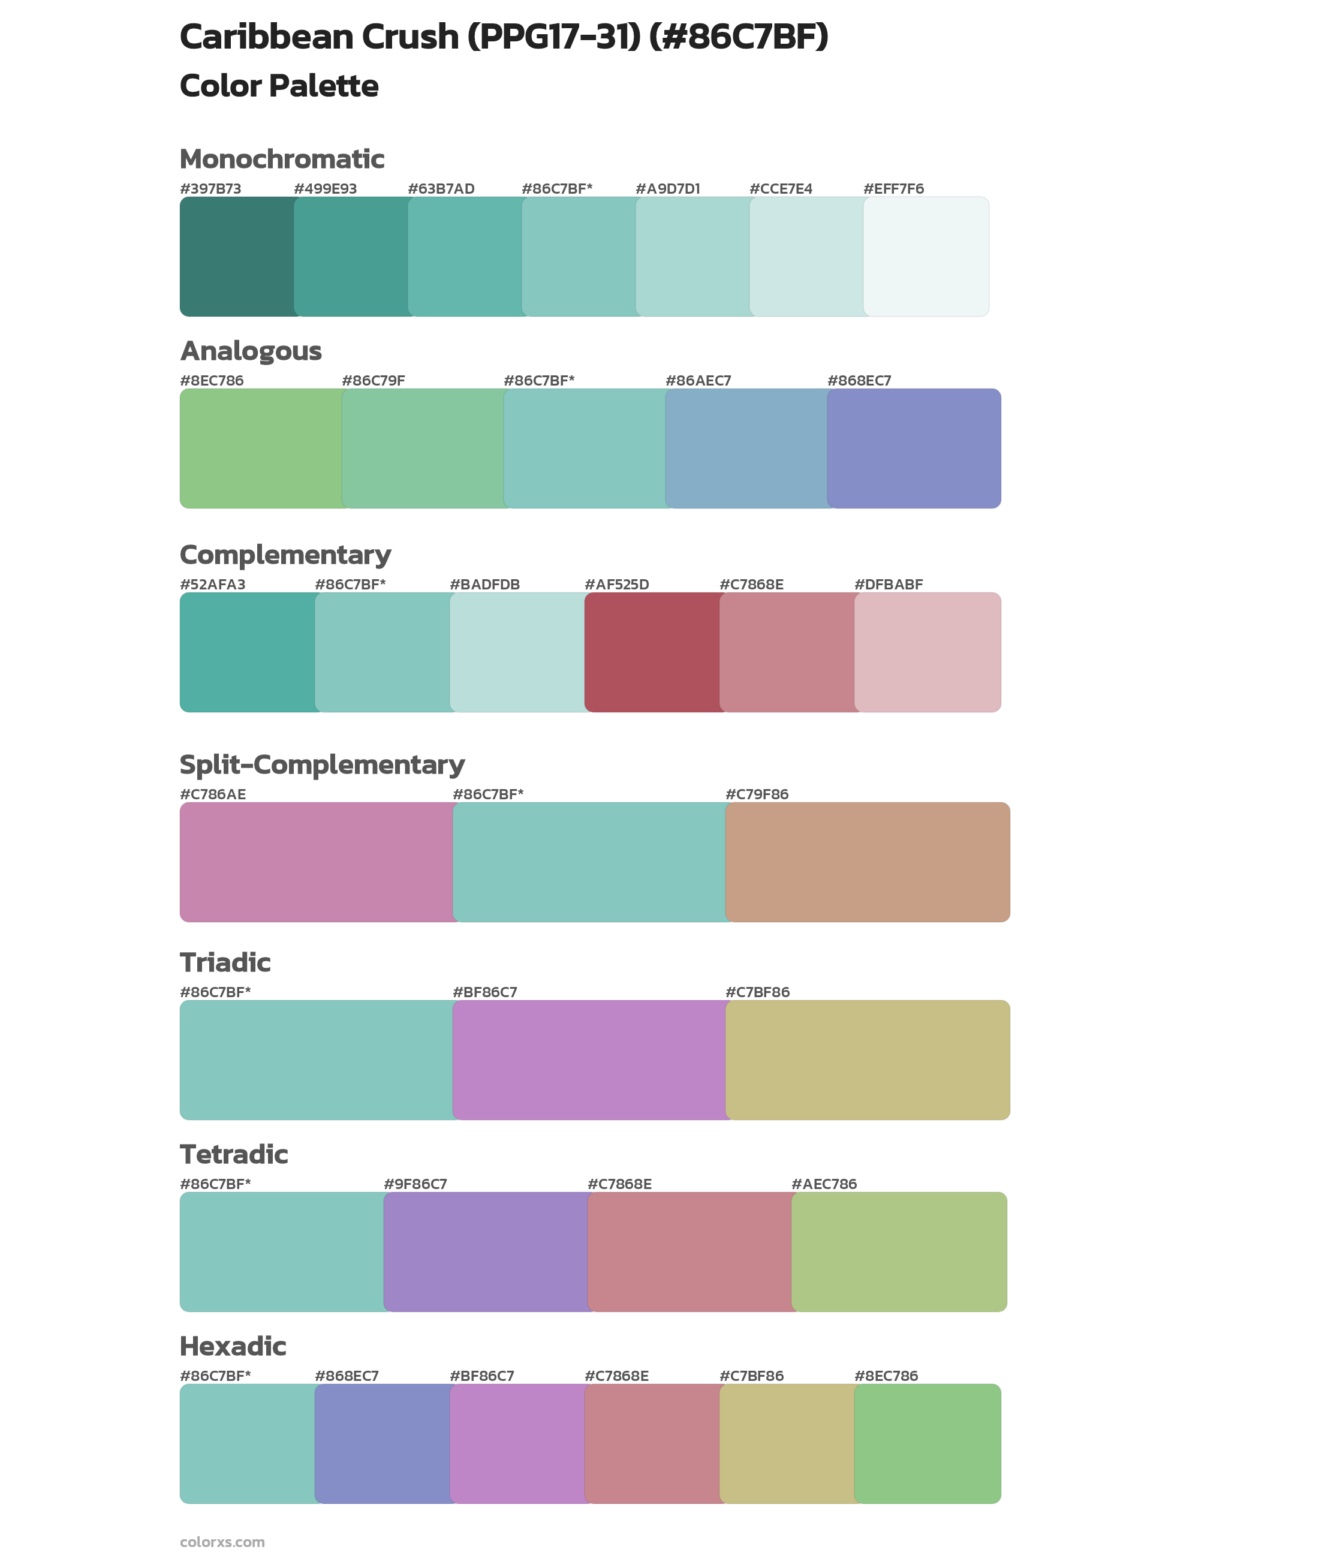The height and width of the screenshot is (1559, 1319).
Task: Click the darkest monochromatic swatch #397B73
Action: point(237,257)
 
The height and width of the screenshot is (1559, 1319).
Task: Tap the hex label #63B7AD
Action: point(441,188)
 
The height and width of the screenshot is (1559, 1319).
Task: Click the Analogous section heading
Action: point(251,351)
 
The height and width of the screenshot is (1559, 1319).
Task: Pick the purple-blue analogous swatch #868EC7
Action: point(914,449)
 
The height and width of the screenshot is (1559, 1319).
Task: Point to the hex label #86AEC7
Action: point(698,381)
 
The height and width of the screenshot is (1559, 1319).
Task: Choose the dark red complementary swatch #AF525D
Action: point(652,652)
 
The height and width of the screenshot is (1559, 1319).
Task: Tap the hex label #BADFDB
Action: point(484,584)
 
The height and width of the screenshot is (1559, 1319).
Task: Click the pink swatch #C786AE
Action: point(317,862)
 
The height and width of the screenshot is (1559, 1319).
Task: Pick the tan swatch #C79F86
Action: point(868,862)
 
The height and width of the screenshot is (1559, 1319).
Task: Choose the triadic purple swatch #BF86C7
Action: point(589,1060)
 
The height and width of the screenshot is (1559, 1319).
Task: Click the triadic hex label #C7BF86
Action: point(757,992)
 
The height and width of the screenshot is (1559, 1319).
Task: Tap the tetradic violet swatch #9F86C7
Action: point(486,1251)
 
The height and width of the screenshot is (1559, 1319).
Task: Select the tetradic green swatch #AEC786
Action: point(899,1251)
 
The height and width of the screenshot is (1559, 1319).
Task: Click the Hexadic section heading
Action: point(233,1346)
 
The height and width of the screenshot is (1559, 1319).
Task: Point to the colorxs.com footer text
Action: point(222,1542)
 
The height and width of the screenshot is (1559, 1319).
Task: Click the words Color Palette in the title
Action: point(279,86)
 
